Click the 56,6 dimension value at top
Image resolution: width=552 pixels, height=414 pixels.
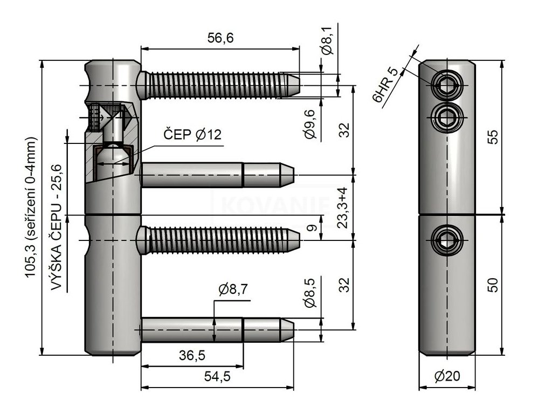coord(220,37)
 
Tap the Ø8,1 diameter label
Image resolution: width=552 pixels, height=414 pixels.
coord(327,42)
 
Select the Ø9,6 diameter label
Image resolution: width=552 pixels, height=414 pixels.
coord(310,125)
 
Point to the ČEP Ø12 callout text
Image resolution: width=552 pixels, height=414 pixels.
coord(192,134)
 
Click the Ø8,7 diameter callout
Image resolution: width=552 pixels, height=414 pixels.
coord(233,289)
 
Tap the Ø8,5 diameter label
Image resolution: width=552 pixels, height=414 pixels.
coord(310,292)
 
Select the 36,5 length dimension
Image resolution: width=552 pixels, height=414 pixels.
coord(192,355)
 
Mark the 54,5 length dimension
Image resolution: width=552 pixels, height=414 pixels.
coord(217,377)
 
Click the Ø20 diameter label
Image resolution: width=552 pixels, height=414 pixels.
coord(447,376)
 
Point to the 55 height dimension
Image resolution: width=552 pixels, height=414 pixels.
coord(494,137)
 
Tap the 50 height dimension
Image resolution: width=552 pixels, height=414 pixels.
coord(494,285)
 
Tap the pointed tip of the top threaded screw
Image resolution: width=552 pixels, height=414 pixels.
coord(299,86)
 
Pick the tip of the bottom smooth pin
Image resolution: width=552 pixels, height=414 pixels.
coord(293,330)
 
